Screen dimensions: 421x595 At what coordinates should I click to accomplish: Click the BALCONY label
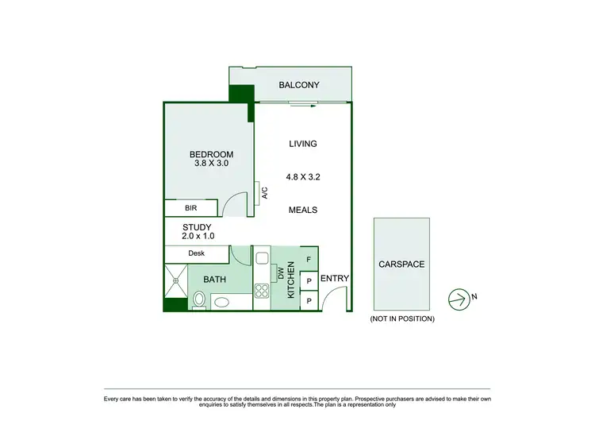point(299,85)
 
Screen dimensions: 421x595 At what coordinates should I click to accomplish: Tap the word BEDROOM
point(211,154)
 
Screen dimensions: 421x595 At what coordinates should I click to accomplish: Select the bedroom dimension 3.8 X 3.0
point(211,164)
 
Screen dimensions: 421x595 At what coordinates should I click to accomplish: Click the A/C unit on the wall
point(261,193)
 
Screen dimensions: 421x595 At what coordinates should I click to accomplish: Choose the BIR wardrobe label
point(191,208)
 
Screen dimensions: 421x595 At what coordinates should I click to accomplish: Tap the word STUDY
point(196,227)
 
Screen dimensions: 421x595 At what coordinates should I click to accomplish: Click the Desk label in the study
point(197,253)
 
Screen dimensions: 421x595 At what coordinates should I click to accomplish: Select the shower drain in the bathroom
point(176,280)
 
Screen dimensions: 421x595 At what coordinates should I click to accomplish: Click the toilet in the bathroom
point(199,299)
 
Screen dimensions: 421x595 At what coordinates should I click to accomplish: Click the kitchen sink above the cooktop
point(261,259)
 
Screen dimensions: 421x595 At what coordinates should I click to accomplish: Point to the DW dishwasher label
point(281,272)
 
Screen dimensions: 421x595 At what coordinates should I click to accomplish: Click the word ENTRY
point(334,279)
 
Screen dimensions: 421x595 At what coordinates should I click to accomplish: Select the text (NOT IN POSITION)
point(402,319)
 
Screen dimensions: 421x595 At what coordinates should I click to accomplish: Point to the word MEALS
point(303,210)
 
